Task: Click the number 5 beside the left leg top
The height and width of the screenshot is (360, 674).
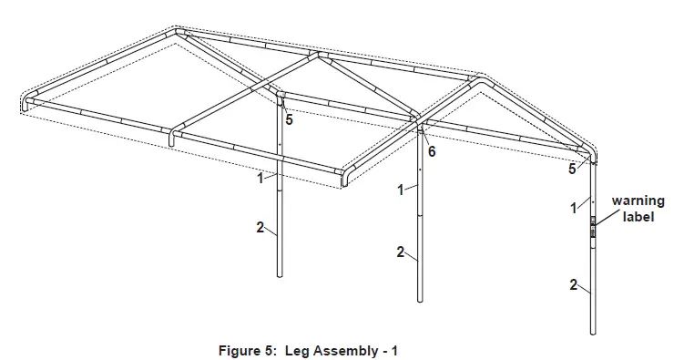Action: [289, 118]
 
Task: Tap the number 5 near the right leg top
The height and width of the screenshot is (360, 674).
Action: [572, 169]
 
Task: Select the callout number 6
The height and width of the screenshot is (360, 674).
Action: [432, 151]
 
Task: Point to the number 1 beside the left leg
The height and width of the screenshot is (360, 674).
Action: [260, 179]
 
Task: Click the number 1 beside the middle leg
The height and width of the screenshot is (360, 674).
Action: [401, 190]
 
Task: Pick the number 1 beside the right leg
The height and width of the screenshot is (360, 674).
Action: [574, 208]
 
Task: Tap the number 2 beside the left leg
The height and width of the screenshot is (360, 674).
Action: [260, 228]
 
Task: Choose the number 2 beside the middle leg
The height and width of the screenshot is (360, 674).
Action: [401, 252]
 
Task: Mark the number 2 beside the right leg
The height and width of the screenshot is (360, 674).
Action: [574, 285]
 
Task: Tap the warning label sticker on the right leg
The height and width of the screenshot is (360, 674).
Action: [593, 226]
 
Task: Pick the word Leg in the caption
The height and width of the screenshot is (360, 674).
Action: [300, 349]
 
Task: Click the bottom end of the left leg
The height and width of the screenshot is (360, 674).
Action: [280, 274]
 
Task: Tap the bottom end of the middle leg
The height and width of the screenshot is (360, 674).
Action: [420, 300]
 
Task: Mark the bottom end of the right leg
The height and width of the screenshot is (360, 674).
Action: [594, 333]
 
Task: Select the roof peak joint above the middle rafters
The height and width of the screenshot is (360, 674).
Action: [317, 56]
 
